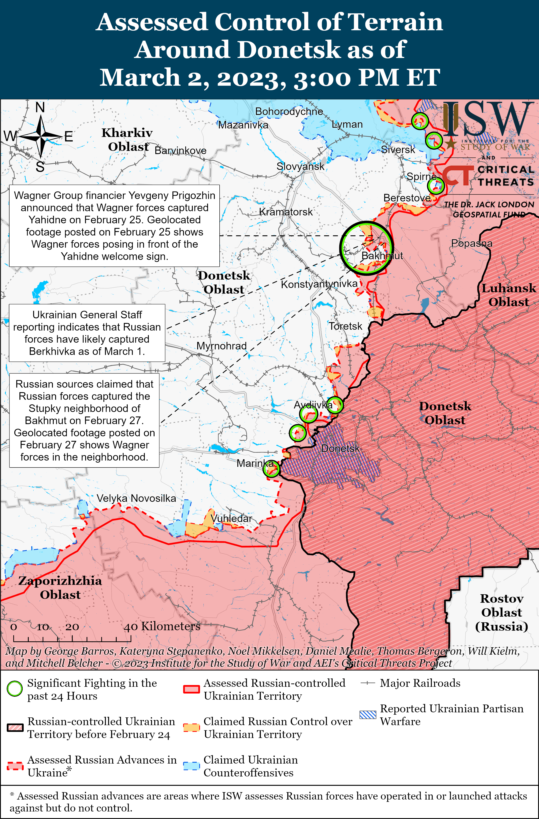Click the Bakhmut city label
coord(382,256)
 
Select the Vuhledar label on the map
coord(231,518)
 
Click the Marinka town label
coord(255,463)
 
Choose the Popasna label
coord(472,243)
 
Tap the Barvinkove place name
coord(181,151)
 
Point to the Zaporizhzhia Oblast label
coord(60,587)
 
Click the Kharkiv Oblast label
coord(127,139)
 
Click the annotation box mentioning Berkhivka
coord(87,333)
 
